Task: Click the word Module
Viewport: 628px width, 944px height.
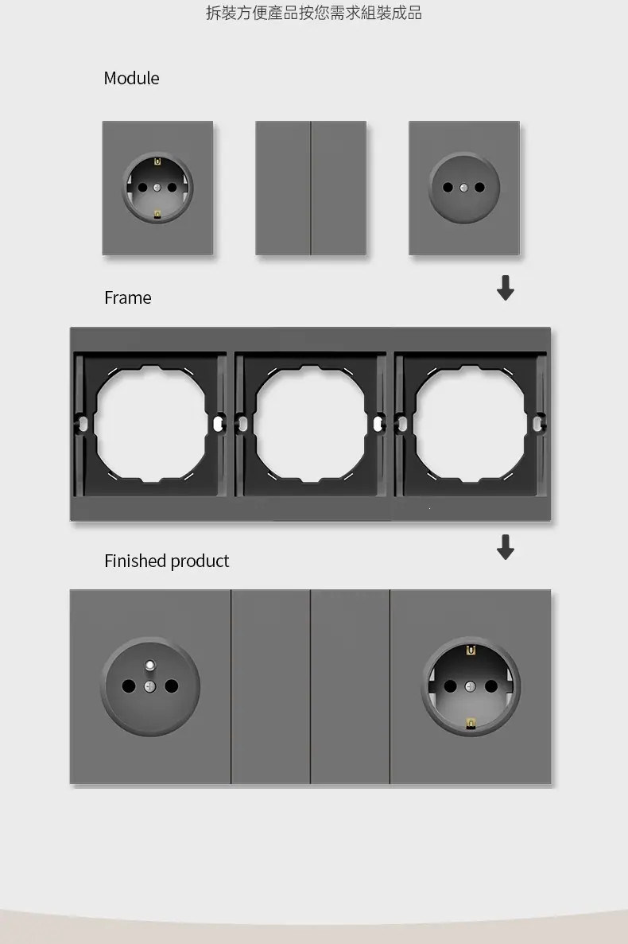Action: pos(131,78)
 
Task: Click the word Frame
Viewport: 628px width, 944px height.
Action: pos(127,297)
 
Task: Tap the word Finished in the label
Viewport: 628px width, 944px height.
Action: pos(135,561)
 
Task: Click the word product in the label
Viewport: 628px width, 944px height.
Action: pos(200,561)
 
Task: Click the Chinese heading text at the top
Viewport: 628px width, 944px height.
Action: pos(314,13)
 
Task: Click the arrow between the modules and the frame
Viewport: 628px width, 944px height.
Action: pos(506,288)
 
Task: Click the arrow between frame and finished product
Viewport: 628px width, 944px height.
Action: pos(506,546)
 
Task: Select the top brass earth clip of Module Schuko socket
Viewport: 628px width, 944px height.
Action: pos(157,161)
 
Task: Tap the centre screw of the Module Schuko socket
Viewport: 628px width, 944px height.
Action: pos(157,187)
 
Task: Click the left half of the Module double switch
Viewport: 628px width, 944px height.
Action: pos(283,188)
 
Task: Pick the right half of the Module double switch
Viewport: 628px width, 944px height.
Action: pos(339,188)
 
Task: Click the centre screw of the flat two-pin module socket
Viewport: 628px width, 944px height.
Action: pos(463,187)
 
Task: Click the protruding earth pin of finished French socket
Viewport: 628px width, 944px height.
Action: pos(150,666)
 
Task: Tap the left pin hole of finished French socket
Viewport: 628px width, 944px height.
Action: pos(129,686)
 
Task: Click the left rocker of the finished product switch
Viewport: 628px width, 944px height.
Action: pos(271,686)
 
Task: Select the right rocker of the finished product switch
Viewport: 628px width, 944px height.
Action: pos(350,686)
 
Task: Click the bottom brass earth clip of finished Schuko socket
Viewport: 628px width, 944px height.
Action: pos(471,723)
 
